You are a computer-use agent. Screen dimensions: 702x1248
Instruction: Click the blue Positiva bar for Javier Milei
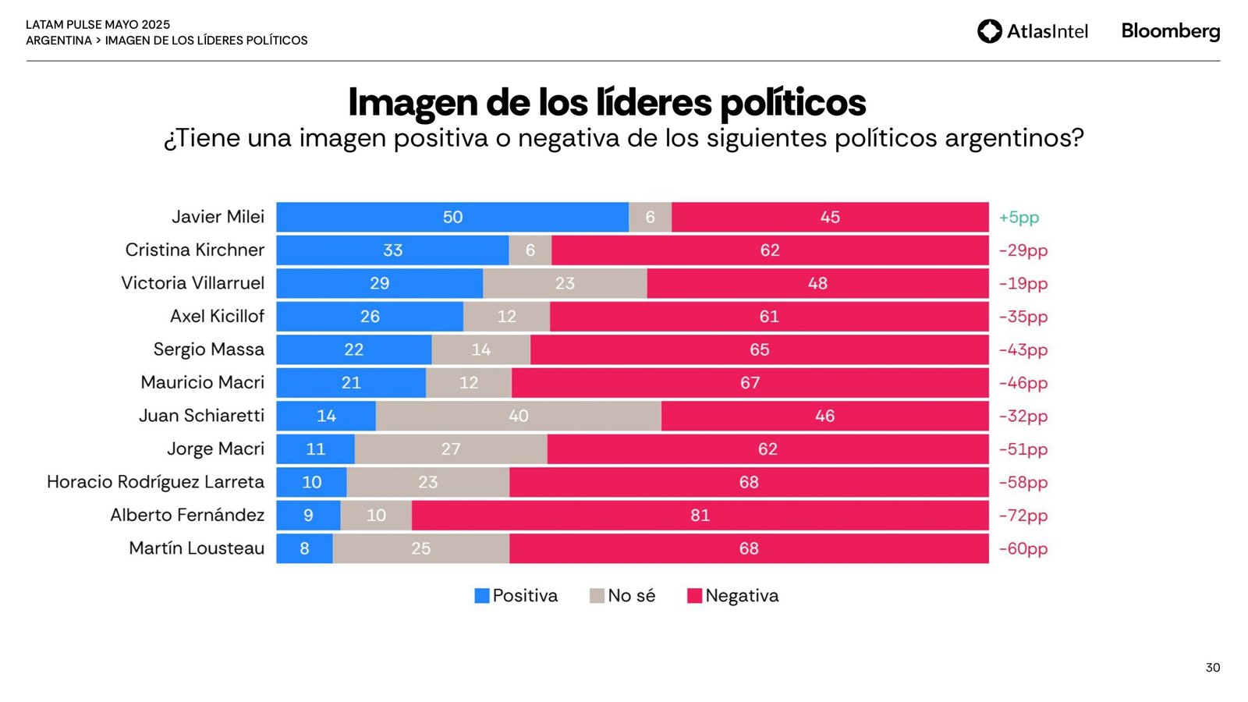(452, 218)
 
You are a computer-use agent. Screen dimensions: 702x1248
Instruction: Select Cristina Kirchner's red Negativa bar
(770, 250)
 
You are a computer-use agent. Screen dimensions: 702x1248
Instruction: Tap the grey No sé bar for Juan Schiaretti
(519, 417)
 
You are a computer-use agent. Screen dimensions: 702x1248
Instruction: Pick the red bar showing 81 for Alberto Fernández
(700, 516)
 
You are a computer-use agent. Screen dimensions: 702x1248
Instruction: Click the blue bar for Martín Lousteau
(305, 549)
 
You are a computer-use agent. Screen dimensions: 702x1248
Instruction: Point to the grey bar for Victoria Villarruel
(565, 284)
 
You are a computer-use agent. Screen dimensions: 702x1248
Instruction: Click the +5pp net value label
(1019, 218)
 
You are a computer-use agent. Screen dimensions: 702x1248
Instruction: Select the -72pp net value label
(1023, 516)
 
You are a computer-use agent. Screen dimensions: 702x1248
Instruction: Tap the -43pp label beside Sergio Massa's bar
(1023, 350)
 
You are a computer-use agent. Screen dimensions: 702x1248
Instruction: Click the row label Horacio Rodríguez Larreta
(155, 482)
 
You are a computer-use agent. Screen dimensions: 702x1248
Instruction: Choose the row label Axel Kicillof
(217, 317)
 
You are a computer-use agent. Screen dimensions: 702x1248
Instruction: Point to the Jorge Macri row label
(215, 449)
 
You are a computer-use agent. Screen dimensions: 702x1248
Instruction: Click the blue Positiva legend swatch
(482, 596)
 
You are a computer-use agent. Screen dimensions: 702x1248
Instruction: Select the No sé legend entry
(622, 596)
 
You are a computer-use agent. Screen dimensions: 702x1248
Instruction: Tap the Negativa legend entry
(733, 596)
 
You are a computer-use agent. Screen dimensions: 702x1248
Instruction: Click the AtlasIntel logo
(1032, 31)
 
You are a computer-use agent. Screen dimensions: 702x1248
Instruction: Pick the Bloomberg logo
(1170, 31)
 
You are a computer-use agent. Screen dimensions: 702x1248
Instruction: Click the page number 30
(1212, 668)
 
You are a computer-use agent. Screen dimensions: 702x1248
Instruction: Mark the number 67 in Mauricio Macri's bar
(750, 383)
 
